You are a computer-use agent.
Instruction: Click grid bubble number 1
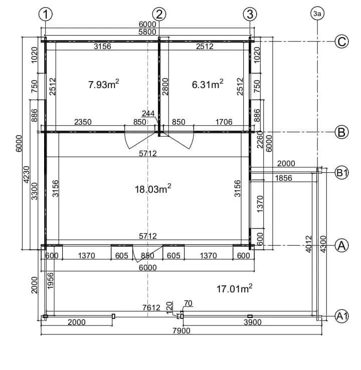pyautogui.click(x=45, y=14)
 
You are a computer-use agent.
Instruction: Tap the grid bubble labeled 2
pyautogui.click(x=159, y=14)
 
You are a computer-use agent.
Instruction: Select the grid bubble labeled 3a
pyautogui.click(x=317, y=14)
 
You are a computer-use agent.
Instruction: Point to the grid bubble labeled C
pyautogui.click(x=341, y=42)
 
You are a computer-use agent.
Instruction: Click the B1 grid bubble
pyautogui.click(x=341, y=173)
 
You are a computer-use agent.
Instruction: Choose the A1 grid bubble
pyautogui.click(x=341, y=316)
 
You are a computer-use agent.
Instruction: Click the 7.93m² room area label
pyautogui.click(x=103, y=84)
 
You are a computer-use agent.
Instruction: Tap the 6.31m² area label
pyautogui.click(x=208, y=84)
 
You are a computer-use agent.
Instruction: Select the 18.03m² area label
pyautogui.click(x=153, y=189)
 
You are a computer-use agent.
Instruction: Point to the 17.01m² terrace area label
pyautogui.click(x=234, y=288)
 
